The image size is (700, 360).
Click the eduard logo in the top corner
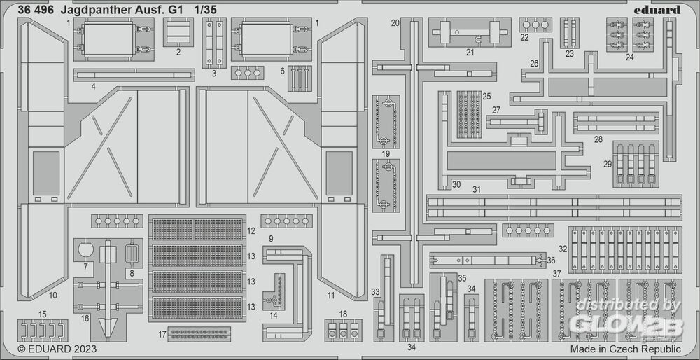pyautogui.click(x=660, y=10)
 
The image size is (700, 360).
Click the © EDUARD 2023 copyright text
pyautogui.click(x=57, y=348)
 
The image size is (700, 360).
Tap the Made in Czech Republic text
pyautogui.click(x=625, y=348)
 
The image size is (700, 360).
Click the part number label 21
pyautogui.click(x=470, y=51)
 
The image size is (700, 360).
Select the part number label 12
pyautogui.click(x=251, y=230)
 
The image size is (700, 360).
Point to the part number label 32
pyautogui.click(x=562, y=249)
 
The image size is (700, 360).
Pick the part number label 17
pyautogui.click(x=162, y=333)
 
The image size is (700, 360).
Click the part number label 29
pyautogui.click(x=608, y=164)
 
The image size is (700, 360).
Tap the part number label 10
pyautogui.click(x=53, y=295)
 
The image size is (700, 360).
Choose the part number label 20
pyautogui.click(x=395, y=23)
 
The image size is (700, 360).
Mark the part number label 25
pyautogui.click(x=486, y=96)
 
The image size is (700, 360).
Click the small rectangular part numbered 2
pyautogui.click(x=178, y=32)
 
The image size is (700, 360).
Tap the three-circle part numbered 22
pyautogui.click(x=535, y=25)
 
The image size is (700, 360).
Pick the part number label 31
pyautogui.click(x=477, y=189)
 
